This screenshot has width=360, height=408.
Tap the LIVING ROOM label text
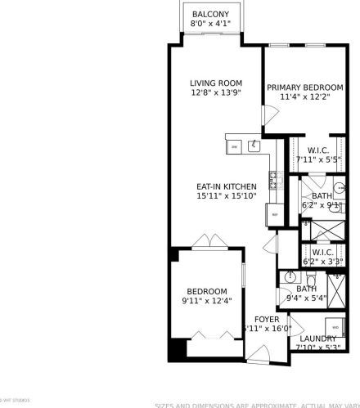click(216, 83)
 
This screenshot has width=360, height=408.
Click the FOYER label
click(267, 319)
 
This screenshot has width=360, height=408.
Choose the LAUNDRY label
click(318, 339)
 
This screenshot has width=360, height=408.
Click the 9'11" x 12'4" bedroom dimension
click(206, 301)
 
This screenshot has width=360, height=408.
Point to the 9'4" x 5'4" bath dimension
click(306, 298)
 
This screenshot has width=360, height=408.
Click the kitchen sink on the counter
click(254, 146)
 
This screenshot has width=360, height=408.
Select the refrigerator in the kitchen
click(274, 213)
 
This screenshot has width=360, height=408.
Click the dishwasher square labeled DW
click(235, 146)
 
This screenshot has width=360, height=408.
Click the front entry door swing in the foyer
click(260, 354)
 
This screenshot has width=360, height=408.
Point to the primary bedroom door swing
click(266, 116)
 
